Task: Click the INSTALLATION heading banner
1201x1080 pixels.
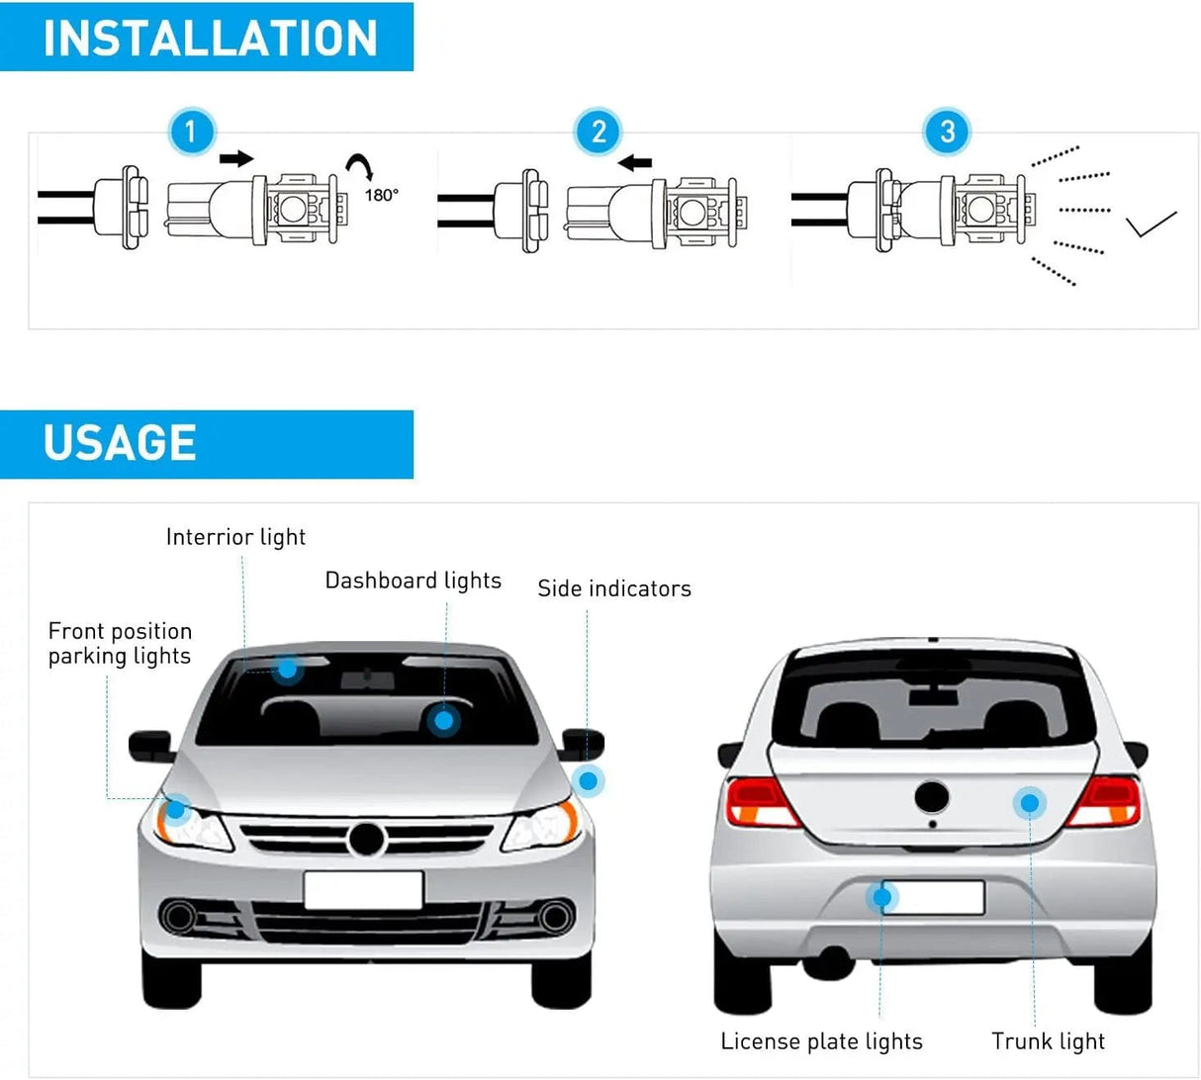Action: tap(207, 38)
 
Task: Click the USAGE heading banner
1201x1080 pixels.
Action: tap(207, 443)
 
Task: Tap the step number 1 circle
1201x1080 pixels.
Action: tap(192, 132)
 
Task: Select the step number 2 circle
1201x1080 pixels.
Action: tap(599, 132)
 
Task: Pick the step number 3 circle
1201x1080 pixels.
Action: tap(947, 132)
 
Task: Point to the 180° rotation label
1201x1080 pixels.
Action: tap(381, 195)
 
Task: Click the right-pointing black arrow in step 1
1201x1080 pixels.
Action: tap(236, 158)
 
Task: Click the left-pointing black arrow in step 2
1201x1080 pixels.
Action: tap(635, 162)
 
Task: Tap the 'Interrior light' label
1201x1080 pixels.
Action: tap(235, 537)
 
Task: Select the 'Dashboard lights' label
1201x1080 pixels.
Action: tap(414, 581)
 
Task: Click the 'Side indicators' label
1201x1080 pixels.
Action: tap(614, 588)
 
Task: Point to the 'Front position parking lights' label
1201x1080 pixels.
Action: tap(120, 644)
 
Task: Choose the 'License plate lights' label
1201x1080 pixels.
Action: tap(821, 1041)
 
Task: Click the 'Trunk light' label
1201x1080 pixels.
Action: tap(1048, 1041)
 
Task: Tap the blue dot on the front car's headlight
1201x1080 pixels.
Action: tap(176, 810)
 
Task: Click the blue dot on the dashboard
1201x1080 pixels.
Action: tap(444, 721)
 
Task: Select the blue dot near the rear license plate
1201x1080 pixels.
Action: tap(881, 897)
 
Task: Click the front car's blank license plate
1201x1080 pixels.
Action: tap(363, 890)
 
